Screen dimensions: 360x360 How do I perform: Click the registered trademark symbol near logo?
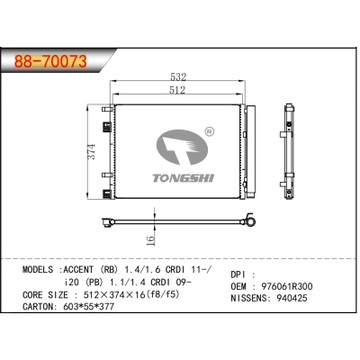[209, 131]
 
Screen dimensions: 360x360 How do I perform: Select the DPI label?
[239, 271]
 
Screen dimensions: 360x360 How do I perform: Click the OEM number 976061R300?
[285, 285]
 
